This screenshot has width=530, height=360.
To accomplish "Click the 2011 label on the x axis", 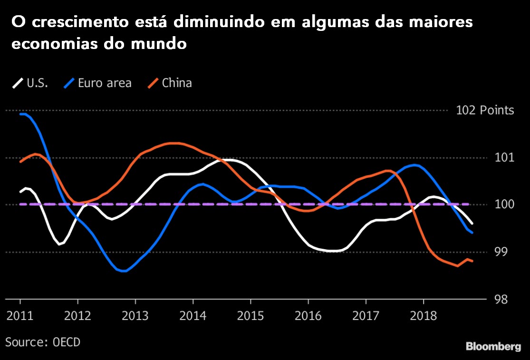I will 20,315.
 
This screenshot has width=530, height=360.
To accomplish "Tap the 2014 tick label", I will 193,315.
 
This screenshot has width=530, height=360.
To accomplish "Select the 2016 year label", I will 308,315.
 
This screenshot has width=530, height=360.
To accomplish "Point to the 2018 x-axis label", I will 423,315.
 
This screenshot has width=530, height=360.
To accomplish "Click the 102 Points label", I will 485,110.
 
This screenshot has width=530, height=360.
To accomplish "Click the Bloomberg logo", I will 493,347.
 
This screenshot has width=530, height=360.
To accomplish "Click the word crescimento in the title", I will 77,22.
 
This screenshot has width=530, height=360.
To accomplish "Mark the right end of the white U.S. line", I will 472,223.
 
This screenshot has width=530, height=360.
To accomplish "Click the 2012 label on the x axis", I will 77,315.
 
